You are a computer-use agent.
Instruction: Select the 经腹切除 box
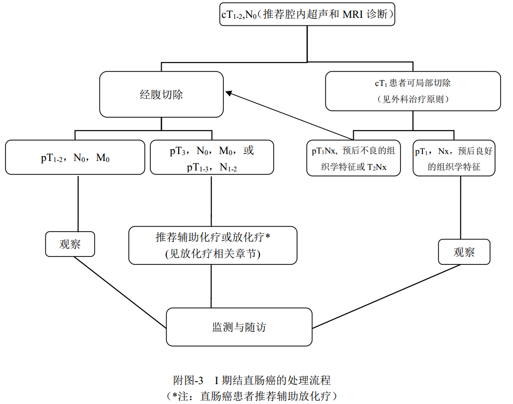161,94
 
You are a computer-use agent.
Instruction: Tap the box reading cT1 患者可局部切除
413,91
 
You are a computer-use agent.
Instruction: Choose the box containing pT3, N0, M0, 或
211,158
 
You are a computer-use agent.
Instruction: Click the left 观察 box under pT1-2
70,244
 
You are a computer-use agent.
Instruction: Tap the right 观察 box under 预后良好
464,252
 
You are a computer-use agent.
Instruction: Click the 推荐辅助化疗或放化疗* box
212,245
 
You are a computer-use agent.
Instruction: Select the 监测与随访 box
239,326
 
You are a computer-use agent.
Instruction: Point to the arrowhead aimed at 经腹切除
229,93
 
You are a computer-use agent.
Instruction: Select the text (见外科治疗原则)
413,99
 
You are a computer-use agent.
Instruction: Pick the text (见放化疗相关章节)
212,254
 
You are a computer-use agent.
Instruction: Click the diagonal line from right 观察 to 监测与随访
386,297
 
